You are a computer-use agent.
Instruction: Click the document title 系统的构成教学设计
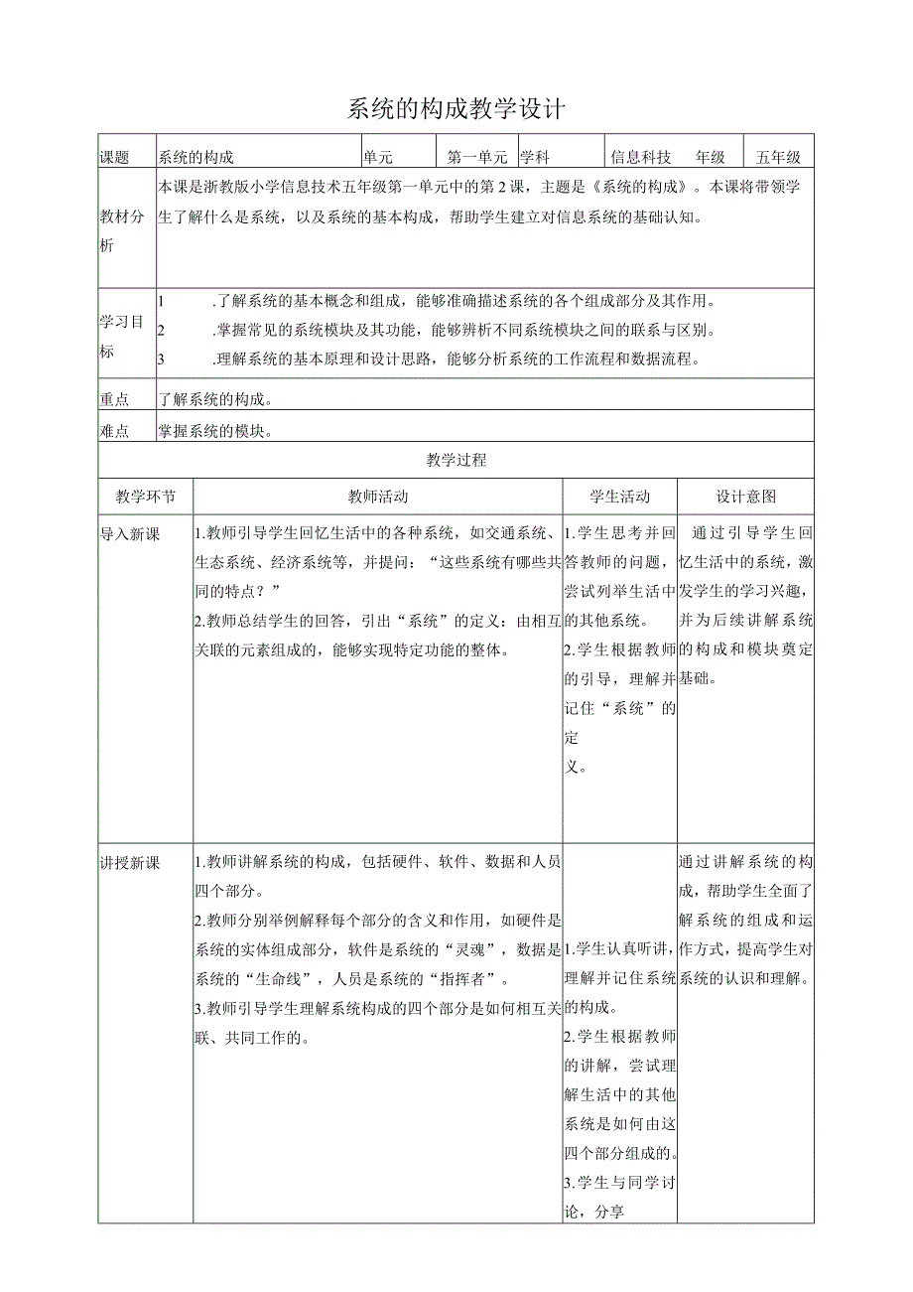456,109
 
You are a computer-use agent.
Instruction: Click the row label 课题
115,157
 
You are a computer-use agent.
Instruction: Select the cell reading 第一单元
477,157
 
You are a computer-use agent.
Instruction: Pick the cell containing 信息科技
641,157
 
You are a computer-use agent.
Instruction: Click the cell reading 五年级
778,157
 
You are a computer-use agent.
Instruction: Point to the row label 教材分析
121,229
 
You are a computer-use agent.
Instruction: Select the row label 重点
115,398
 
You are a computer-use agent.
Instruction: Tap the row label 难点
115,430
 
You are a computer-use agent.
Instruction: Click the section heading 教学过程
456,461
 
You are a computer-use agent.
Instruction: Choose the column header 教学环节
145,497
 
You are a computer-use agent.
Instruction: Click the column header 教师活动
377,497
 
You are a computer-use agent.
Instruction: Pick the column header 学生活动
619,497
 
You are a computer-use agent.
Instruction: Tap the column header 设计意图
746,497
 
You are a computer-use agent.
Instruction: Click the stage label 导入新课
130,534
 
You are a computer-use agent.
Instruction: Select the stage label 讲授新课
130,861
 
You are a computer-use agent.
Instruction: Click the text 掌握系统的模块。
214,430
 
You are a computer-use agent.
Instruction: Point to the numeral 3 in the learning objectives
162,359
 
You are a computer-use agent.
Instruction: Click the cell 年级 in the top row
711,157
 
